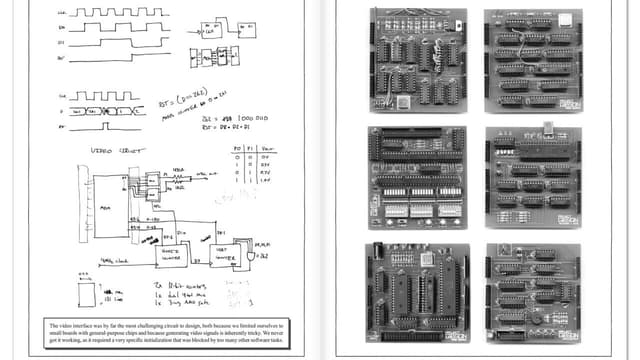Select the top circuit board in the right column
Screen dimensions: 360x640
point(532,60)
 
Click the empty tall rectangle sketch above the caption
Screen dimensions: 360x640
point(87,294)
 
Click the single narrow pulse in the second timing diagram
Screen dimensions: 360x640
point(104,127)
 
